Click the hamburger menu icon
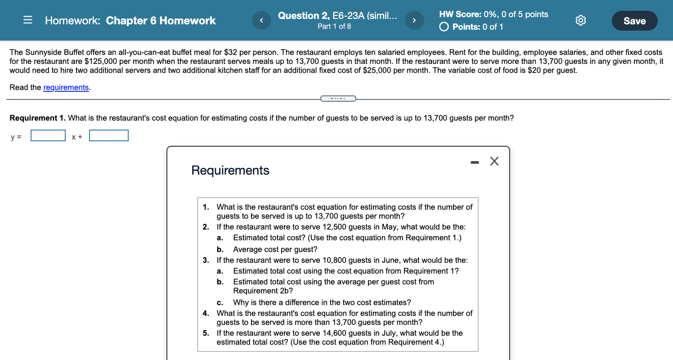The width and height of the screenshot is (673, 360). (x=28, y=21)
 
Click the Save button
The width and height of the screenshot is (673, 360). (x=634, y=21)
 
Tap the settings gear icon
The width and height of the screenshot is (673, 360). (x=581, y=21)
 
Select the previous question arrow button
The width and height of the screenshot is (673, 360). (x=262, y=21)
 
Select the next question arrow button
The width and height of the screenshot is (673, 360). (x=414, y=21)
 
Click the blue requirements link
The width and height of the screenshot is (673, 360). (x=66, y=87)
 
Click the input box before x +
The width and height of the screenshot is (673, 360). (x=48, y=135)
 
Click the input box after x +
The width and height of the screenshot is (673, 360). (x=109, y=135)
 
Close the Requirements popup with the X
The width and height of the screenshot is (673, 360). (x=494, y=162)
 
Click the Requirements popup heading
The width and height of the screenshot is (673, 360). (x=230, y=170)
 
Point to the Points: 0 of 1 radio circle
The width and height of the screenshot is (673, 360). (x=444, y=27)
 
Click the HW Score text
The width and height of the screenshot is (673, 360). (x=493, y=14)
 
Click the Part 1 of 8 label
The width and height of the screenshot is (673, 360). (x=334, y=27)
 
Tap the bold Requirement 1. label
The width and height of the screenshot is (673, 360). (x=38, y=118)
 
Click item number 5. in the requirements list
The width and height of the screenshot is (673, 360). (x=206, y=333)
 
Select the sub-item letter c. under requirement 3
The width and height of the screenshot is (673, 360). (x=220, y=302)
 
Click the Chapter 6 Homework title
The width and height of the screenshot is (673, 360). (x=161, y=21)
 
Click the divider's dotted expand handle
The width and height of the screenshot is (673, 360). (x=338, y=99)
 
